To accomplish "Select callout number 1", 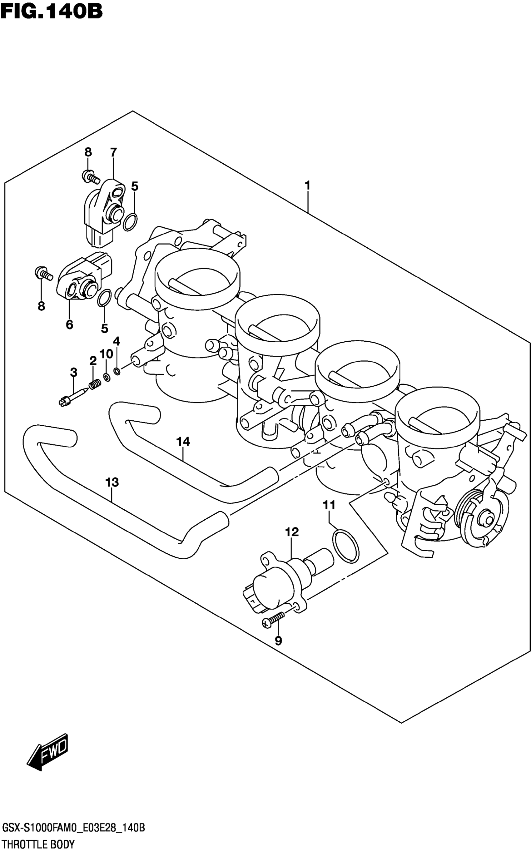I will pyautogui.click(x=307, y=185).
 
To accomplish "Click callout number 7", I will pyautogui.click(x=113, y=152).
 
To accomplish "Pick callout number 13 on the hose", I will pyautogui.click(x=112, y=482).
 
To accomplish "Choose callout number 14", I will pyautogui.click(x=183, y=441).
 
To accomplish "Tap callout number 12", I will pyautogui.click(x=292, y=532).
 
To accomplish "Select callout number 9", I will pyautogui.click(x=278, y=641).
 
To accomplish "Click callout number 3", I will pyautogui.click(x=73, y=372).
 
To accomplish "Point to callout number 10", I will pyautogui.click(x=106, y=354).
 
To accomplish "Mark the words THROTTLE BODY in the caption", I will pyautogui.click(x=38, y=843).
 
